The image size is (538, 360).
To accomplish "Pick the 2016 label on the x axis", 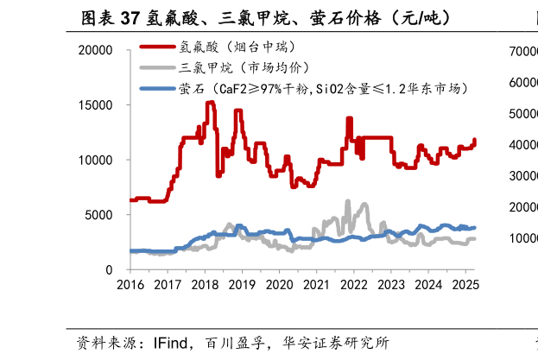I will (130, 285).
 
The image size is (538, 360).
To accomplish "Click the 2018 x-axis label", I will (205, 285).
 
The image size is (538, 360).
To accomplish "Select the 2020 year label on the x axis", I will (279, 285).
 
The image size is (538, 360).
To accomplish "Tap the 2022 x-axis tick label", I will (353, 285).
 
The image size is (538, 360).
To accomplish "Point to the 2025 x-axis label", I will (465, 285).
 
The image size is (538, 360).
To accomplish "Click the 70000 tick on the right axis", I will (520, 52).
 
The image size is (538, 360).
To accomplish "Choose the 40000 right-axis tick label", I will (520, 145).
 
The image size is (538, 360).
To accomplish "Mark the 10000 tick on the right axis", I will (520, 238).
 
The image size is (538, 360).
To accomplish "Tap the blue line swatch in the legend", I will (157, 88).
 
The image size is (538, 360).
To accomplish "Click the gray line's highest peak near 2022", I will (348, 201).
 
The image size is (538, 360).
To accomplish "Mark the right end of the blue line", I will (475, 227).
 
